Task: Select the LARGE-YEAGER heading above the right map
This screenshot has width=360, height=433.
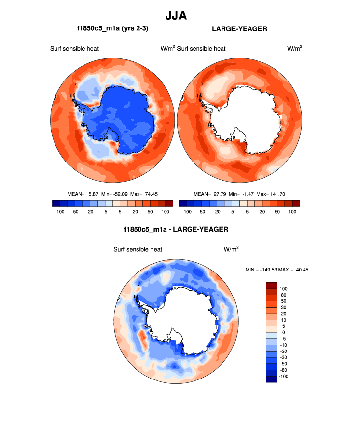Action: [x=239, y=29]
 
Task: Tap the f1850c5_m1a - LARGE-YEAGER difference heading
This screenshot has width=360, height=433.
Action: [x=176, y=229]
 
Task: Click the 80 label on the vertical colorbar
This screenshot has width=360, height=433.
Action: [x=283, y=295]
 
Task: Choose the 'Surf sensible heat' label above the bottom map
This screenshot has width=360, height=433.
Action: [x=137, y=249]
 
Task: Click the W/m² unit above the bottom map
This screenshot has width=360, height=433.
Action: [x=231, y=249]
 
